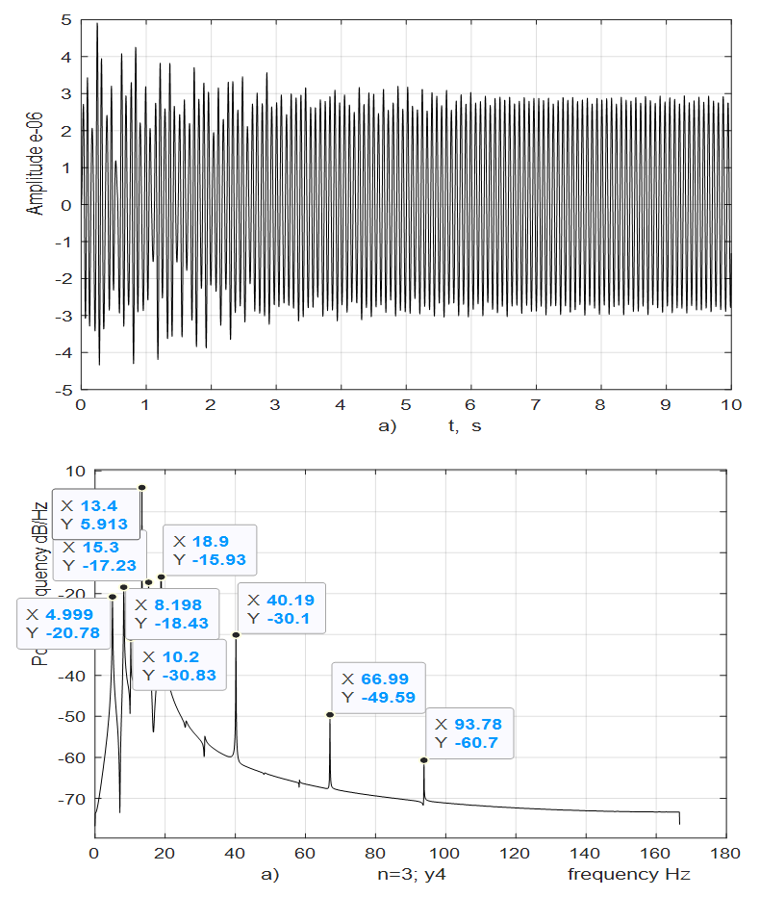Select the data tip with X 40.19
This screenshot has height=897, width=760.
280,608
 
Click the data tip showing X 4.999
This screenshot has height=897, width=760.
63,623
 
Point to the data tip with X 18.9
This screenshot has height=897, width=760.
210,550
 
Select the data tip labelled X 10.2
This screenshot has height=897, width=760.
176,665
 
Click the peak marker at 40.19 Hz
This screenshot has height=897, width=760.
236,634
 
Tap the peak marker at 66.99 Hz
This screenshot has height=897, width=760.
330,714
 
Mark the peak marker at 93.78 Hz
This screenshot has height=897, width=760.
424,759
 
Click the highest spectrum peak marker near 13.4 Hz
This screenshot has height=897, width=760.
141,488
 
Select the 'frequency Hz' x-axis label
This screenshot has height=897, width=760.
628,874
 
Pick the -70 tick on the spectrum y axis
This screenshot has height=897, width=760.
73,799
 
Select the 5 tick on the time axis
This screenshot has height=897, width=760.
406,404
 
